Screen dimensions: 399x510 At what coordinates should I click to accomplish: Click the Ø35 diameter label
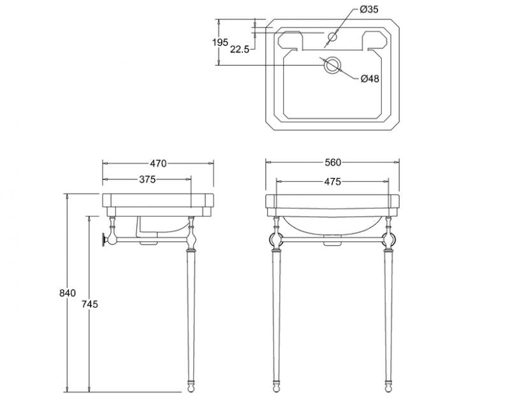[369, 9]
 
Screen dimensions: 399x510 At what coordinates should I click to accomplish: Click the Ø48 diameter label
[370, 79]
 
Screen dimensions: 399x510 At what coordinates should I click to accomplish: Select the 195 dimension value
[220, 42]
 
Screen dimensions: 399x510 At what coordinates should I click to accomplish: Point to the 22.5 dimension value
[240, 49]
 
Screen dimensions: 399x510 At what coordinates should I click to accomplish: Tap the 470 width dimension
[157, 163]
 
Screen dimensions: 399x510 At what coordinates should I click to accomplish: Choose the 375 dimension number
[147, 179]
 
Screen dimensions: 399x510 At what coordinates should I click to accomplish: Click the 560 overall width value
[331, 163]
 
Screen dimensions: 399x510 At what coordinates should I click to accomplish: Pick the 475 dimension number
[331, 181]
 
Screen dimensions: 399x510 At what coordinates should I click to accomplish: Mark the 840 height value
[68, 293]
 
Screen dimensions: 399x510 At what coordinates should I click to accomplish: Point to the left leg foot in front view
[277, 387]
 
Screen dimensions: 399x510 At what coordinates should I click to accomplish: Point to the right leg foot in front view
[388, 387]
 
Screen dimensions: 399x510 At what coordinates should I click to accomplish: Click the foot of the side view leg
[191, 387]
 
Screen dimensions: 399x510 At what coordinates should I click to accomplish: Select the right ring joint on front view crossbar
[388, 241]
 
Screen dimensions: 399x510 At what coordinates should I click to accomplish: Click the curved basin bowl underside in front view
[331, 229]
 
